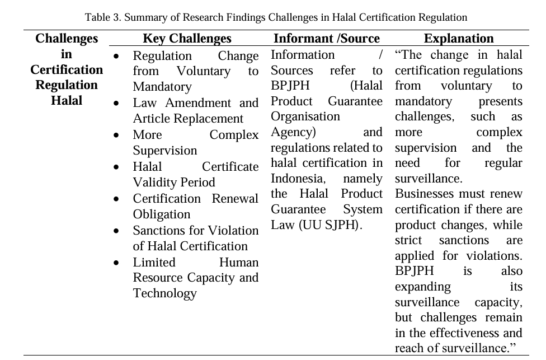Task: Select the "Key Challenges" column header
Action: pos(187,39)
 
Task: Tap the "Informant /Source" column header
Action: pos(326,39)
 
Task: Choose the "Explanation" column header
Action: pos(459,39)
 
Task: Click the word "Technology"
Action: pos(164,293)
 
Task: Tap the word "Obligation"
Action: pos(161,214)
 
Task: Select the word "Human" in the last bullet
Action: pos(239,263)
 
